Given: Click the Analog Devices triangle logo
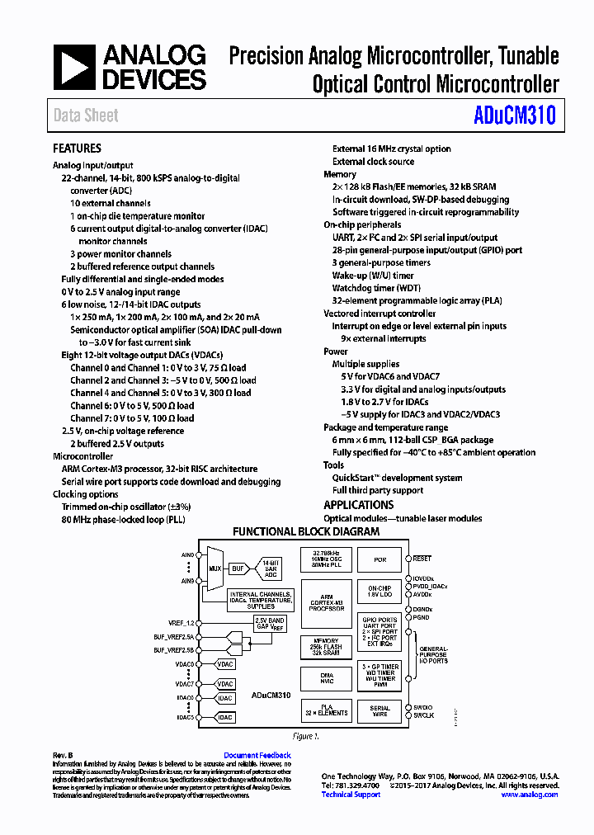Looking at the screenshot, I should click(74, 68).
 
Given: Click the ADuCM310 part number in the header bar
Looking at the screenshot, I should click(515, 116).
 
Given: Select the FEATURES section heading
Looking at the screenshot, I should click(77, 149).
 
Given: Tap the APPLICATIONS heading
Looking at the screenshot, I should click(358, 505).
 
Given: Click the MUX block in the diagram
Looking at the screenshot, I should click(214, 568).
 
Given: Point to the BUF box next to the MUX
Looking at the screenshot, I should click(238, 568).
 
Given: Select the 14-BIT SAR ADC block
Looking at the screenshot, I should click(270, 568).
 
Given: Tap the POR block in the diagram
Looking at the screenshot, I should click(379, 559).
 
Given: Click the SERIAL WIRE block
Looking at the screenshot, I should click(379, 711).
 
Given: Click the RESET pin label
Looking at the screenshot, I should click(422, 559).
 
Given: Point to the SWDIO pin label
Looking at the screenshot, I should click(423, 707).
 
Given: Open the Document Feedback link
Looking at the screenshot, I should click(257, 755).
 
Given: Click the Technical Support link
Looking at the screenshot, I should click(351, 795).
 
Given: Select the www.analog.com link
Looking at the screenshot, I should click(529, 795).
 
